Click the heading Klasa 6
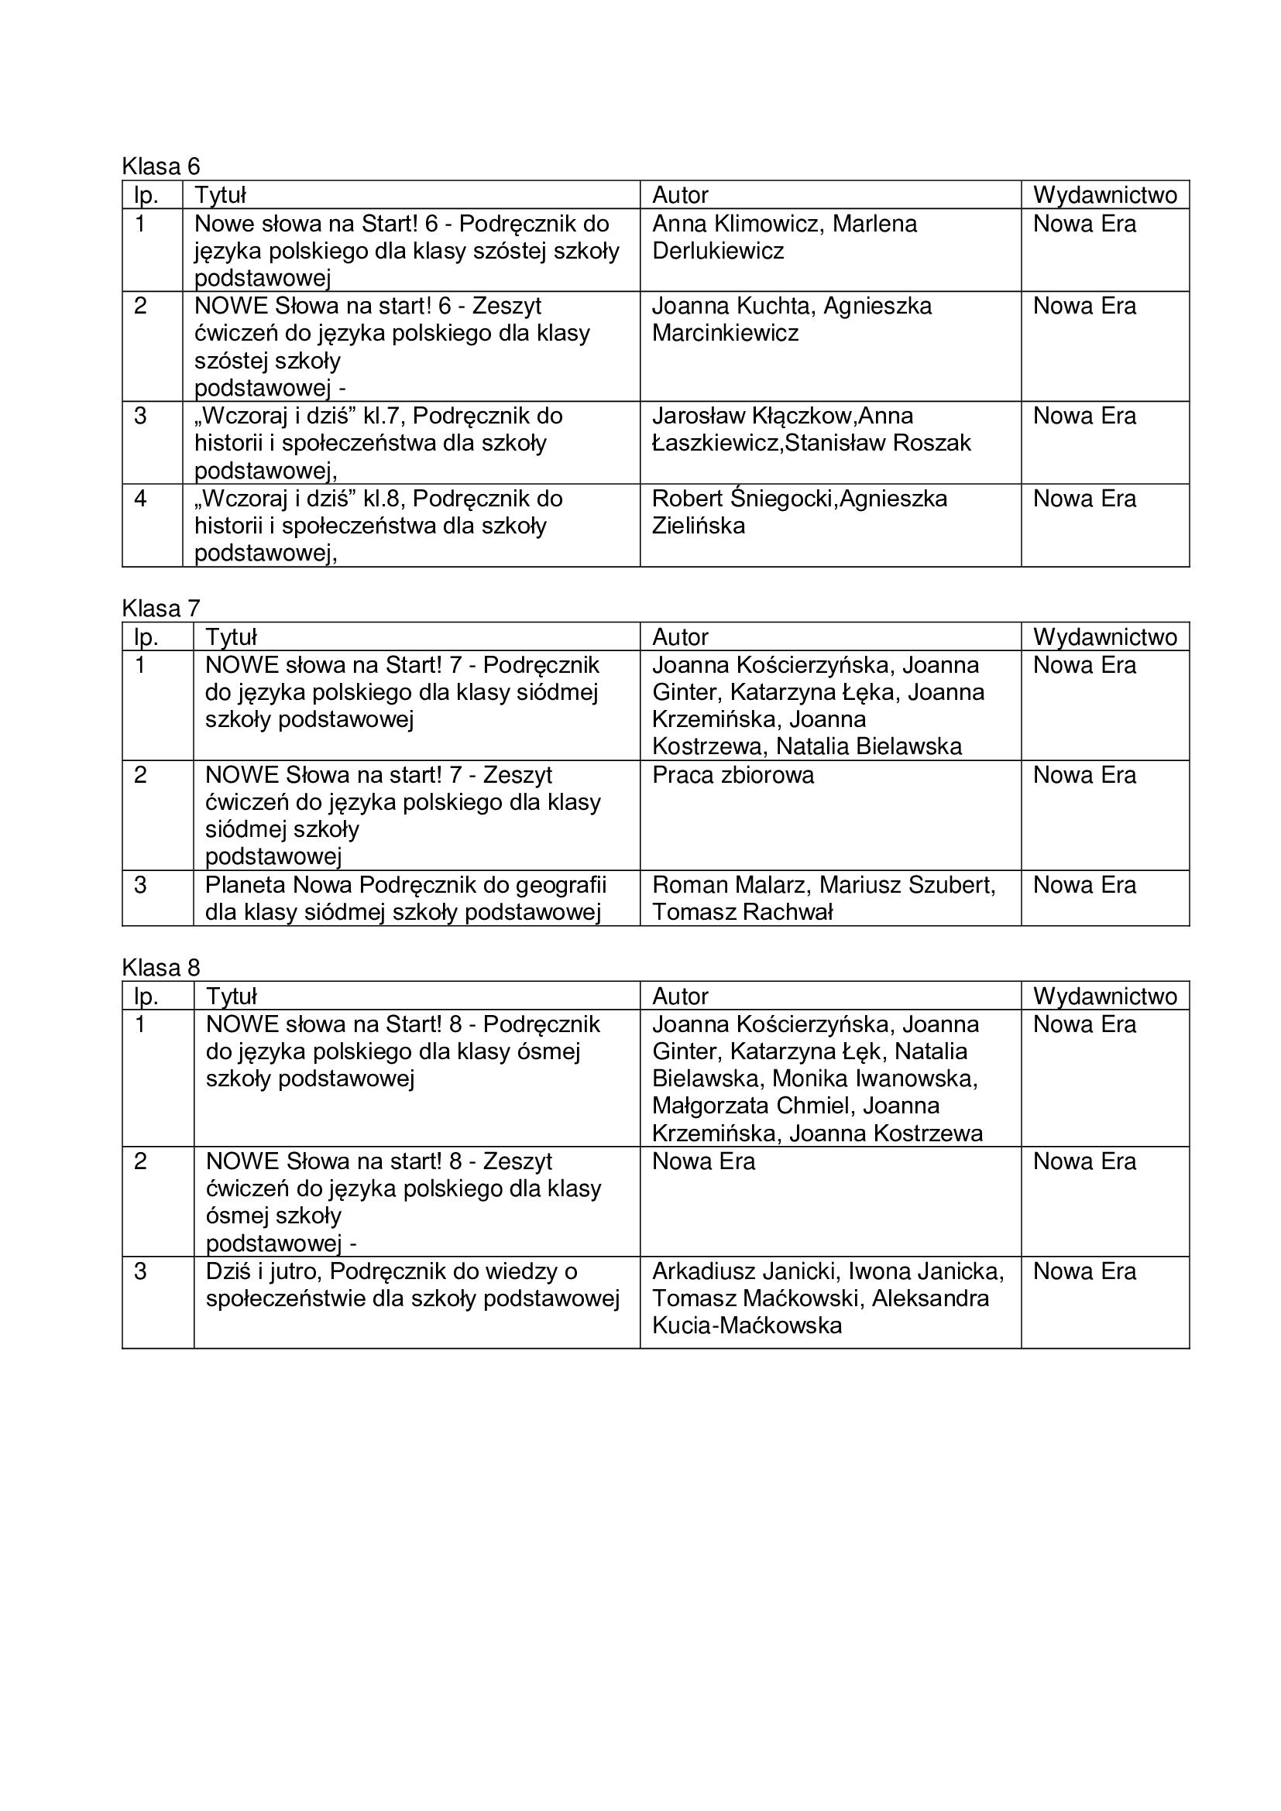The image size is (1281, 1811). (x=161, y=166)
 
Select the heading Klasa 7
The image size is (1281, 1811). (x=161, y=608)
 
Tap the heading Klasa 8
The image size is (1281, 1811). (x=161, y=968)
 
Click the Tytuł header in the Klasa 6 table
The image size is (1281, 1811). (x=220, y=195)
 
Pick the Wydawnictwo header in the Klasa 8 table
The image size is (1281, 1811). (x=1104, y=996)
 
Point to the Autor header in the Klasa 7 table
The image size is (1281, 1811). (x=680, y=636)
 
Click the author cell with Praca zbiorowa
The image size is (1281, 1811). (x=733, y=775)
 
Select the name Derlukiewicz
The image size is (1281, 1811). (x=718, y=252)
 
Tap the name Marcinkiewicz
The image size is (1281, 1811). (x=725, y=333)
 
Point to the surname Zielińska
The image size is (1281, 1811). (x=698, y=526)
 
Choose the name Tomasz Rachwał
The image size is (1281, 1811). (x=742, y=913)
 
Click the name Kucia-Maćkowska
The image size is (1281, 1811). (x=747, y=1326)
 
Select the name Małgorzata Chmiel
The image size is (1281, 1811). (x=754, y=1106)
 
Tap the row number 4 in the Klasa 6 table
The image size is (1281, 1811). (x=140, y=499)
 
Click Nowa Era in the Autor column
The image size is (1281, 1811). (x=703, y=1161)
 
